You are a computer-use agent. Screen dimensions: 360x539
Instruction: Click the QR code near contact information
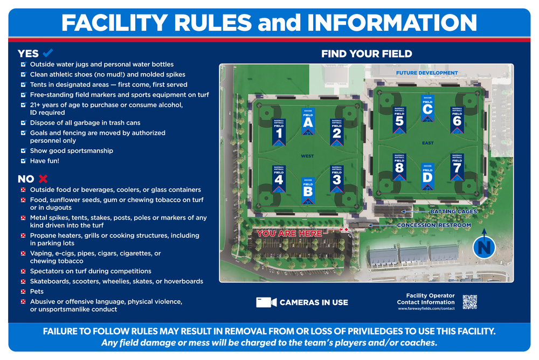[x=470, y=302]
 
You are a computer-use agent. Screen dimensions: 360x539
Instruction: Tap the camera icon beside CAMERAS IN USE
[x=266, y=302]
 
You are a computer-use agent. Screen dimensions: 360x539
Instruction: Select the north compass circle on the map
[x=484, y=247]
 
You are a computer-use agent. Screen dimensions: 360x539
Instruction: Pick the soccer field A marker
[x=308, y=121]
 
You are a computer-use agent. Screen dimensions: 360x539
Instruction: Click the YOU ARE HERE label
[x=289, y=234]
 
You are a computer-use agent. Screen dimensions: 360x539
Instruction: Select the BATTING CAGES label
[x=453, y=212]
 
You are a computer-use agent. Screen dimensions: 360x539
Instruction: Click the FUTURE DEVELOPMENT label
[x=427, y=73]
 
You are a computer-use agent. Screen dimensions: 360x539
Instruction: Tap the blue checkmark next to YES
[x=47, y=53]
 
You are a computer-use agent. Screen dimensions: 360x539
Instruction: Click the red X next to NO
[x=43, y=178]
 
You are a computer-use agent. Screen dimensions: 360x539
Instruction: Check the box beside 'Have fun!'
[x=23, y=161]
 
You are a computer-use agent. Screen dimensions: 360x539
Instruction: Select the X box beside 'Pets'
[x=23, y=292]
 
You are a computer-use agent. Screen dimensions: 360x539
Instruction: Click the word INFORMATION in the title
[x=392, y=23]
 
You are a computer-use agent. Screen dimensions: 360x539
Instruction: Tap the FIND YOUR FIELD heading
[x=367, y=54]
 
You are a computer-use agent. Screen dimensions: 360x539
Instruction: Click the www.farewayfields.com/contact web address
[x=426, y=309]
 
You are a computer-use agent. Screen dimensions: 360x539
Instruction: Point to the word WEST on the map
[x=307, y=156]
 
